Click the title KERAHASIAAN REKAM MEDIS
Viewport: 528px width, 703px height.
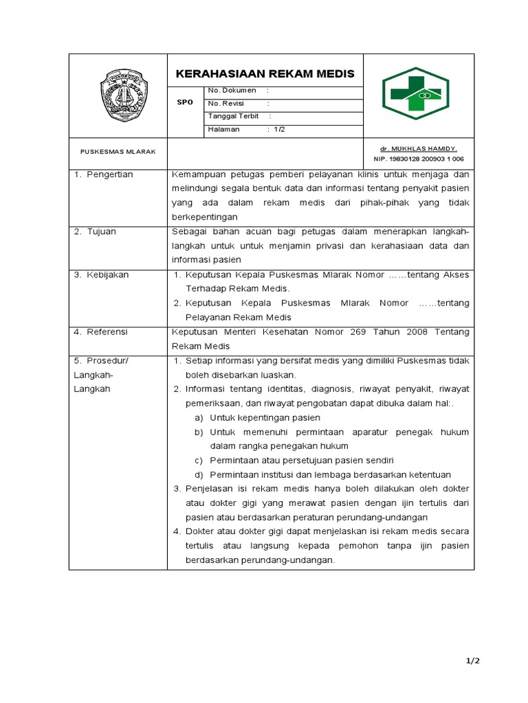tap(265, 73)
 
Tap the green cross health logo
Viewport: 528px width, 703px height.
tap(416, 95)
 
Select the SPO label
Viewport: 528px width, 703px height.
tap(186, 102)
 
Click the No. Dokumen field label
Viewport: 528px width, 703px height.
tap(232, 90)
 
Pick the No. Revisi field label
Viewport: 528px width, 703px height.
tap(227, 103)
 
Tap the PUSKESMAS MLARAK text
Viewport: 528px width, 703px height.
tap(118, 152)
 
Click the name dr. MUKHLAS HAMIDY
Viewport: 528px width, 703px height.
tap(418, 148)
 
